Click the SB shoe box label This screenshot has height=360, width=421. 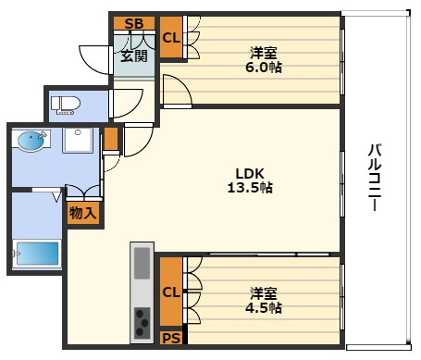133,24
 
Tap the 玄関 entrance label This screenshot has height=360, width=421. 133,56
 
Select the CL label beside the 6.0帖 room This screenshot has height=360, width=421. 171,38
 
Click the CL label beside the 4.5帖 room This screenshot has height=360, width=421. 171,292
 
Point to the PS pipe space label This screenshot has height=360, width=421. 171,338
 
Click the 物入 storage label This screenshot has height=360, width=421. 82,213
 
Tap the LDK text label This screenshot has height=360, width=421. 250,171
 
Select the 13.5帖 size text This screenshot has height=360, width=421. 250,187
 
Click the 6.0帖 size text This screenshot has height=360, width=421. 265,68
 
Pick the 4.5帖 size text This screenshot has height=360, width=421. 265,308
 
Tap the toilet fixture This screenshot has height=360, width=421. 67,104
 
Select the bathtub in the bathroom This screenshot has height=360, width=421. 36,252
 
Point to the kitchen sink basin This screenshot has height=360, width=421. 142,264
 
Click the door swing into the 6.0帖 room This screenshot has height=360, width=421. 176,91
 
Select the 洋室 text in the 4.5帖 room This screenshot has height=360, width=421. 265,292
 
